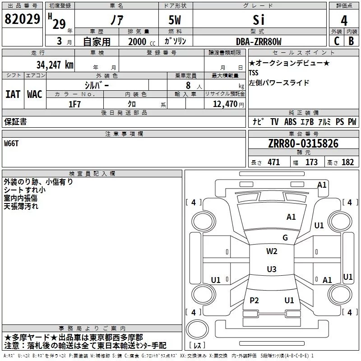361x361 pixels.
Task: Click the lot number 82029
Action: tap(22, 19)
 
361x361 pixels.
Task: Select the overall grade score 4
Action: tap(344, 21)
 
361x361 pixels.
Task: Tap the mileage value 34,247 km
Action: tap(55, 65)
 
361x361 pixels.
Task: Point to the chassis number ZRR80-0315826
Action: tap(303, 143)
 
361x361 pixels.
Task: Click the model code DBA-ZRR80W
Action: tap(259, 42)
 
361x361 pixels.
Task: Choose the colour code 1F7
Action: tap(74, 104)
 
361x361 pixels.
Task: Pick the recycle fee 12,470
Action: tap(225, 104)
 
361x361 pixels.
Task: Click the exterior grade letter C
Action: tap(337, 41)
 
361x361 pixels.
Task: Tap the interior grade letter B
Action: tap(351, 41)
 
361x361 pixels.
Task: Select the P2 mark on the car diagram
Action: tap(254, 300)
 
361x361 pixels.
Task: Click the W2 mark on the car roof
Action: tap(272, 251)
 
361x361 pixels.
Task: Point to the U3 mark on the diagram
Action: tap(272, 269)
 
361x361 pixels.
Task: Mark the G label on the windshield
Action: tap(285, 237)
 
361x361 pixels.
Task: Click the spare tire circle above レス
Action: tap(197, 330)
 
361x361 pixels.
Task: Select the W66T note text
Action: tap(11, 143)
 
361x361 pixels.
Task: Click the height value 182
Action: tap(347, 162)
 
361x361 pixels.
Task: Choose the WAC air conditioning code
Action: tap(35, 94)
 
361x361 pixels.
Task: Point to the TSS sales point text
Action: tap(254, 73)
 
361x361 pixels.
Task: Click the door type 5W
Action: tap(175, 20)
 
